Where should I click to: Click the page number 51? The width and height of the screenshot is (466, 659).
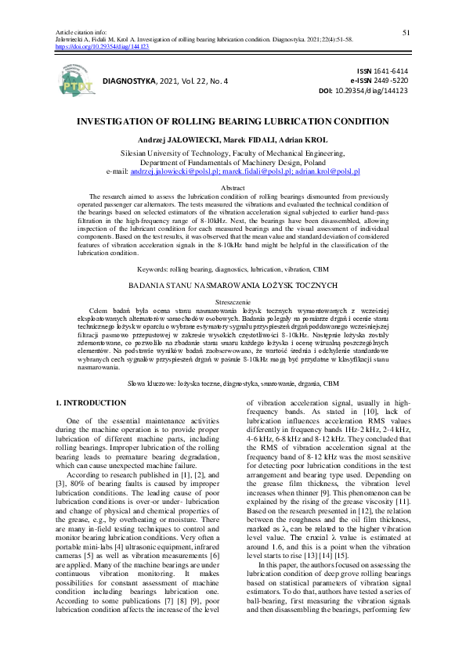(x=406, y=32)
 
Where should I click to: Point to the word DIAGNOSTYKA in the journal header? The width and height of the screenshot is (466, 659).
(x=129, y=81)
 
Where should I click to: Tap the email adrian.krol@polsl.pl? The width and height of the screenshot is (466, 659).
(x=327, y=171)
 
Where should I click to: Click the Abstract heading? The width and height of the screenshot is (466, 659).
(x=233, y=189)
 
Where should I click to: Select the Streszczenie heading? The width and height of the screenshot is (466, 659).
(x=233, y=301)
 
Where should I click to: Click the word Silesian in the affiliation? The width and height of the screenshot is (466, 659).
(x=138, y=153)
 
